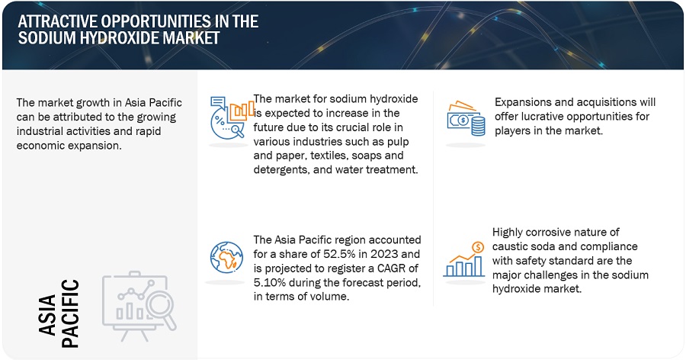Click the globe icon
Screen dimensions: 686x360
pyautogui.click(x=226, y=257)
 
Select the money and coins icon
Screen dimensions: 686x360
pyautogui.click(x=466, y=119)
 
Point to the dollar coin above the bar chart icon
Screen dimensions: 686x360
pyautogui.click(x=478, y=247)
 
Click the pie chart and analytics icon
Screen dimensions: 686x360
pyautogui.click(x=232, y=118)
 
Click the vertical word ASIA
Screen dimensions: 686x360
pyautogui.click(x=47, y=314)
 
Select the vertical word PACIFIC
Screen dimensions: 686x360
pyautogui.click(x=70, y=313)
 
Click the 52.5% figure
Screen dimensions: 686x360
pyautogui.click(x=338, y=254)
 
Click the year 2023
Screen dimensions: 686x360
pyautogui.click(x=383, y=254)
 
